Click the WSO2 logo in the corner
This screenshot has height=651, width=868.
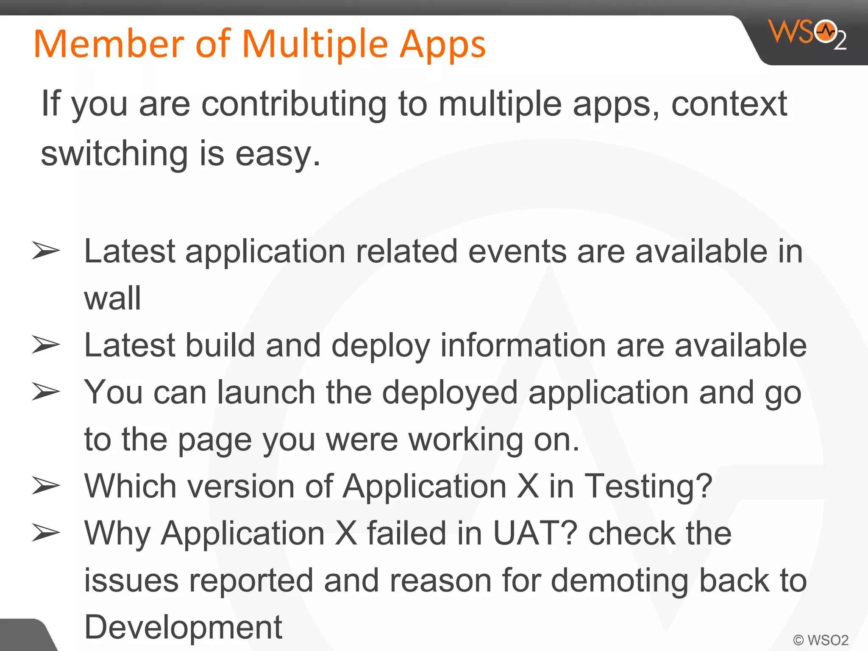click(x=807, y=34)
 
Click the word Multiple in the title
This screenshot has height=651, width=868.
click(x=315, y=45)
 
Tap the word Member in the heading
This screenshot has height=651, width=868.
click(x=109, y=44)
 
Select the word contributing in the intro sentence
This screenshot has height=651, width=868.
click(x=294, y=104)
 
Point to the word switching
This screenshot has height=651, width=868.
click(x=114, y=153)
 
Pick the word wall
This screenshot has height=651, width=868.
click(x=112, y=298)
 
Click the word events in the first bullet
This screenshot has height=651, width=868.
click(x=517, y=251)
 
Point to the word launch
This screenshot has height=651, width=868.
click(x=266, y=392)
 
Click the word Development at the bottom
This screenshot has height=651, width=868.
click(x=183, y=627)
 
